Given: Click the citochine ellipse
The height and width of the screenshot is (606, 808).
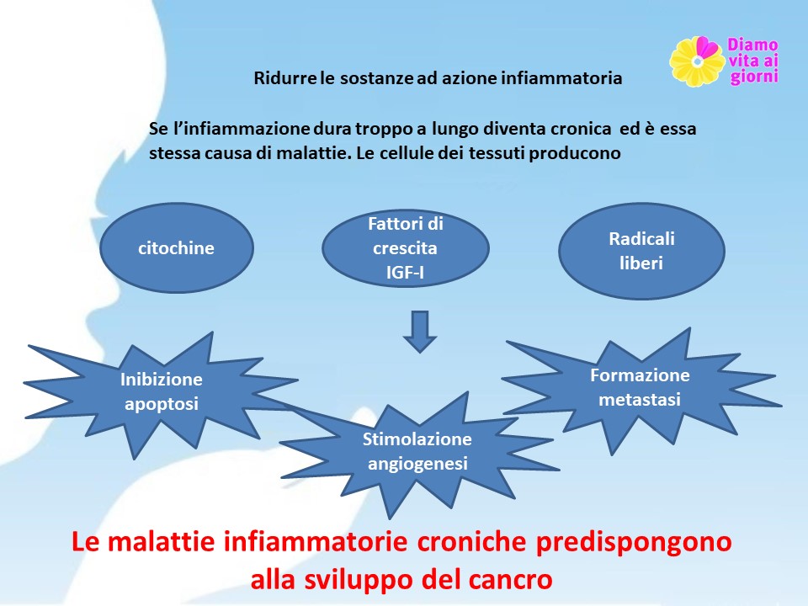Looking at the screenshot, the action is pos(176,247).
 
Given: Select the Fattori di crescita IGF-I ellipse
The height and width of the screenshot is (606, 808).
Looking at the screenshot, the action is pos(406,247).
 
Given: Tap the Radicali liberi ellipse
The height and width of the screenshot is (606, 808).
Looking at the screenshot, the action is pos(641,251).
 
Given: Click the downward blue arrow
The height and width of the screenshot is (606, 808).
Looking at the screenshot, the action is pos(420,332).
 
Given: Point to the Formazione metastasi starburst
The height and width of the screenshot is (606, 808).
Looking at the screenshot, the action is pos(641,389).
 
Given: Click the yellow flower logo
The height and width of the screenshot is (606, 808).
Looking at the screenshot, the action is pos(697,61).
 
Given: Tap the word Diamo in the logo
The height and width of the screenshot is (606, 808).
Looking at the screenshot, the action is pos(752,45).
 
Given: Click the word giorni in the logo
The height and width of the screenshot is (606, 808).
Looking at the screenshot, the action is pos(754,77).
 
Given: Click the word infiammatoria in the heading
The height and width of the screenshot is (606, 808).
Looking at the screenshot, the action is pos(561,78).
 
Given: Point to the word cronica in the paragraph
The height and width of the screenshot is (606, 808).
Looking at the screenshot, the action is pos(581,128).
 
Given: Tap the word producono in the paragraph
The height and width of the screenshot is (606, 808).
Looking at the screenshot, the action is pos(575,153).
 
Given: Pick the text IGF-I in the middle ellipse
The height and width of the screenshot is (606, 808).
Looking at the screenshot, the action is pos(405,272).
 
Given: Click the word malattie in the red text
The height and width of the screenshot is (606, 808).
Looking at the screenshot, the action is pos(162,541).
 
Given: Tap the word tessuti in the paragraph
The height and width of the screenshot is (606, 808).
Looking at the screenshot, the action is pos(497,153).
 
